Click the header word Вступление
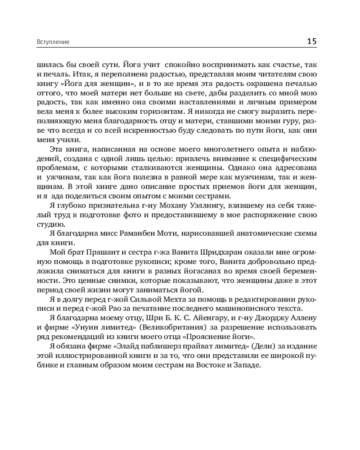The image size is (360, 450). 53,42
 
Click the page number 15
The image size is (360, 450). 312,41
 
